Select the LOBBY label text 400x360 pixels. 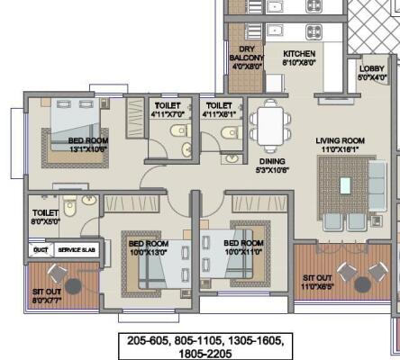pos(372,73)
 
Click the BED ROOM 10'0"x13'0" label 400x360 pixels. pos(148,247)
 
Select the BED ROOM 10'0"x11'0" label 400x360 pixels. pos(242,247)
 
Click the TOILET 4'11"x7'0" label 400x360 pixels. pos(168,110)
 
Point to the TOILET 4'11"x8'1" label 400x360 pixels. pos(219,110)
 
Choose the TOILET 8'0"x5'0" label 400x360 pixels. pos(45,218)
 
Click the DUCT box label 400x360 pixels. pos(41,249)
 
